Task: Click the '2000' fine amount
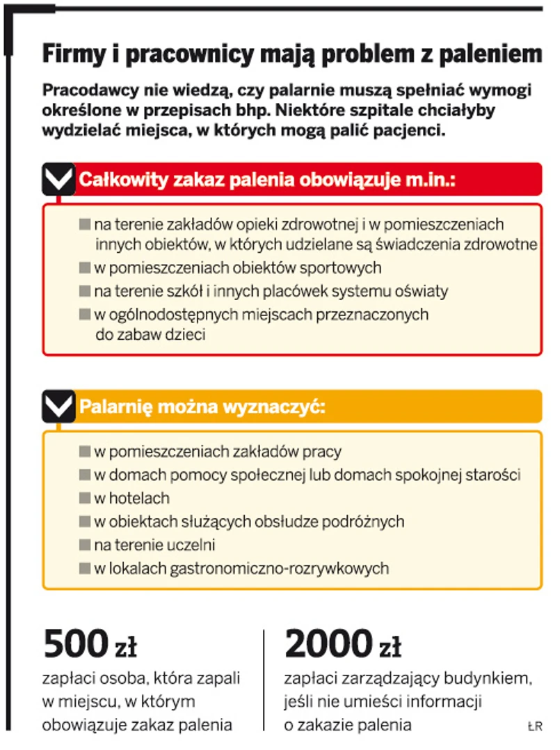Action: click(328, 644)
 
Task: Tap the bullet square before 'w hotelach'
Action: click(86, 499)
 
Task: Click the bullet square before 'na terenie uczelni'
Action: click(86, 545)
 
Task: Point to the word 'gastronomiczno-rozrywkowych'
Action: click(285, 568)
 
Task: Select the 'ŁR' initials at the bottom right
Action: click(534, 727)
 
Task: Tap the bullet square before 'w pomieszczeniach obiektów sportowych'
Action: click(86, 267)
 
